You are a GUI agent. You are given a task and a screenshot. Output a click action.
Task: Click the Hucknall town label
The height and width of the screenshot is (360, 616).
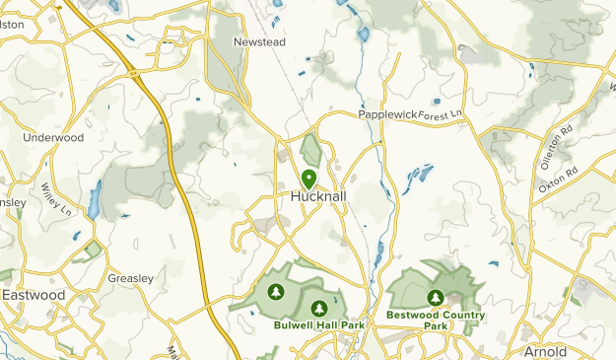(x=316, y=196)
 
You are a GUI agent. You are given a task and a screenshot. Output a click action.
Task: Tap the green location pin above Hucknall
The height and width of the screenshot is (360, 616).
(x=308, y=179)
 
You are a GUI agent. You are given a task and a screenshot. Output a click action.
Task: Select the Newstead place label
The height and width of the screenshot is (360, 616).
(x=258, y=42)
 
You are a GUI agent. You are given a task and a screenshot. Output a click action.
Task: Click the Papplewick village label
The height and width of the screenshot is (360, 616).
(x=386, y=114)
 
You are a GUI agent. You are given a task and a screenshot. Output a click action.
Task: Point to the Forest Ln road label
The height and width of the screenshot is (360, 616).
(x=440, y=116)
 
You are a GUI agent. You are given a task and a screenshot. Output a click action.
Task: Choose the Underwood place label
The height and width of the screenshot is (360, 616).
(x=53, y=138)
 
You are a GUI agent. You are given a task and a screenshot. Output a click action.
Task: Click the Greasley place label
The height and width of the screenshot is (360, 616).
(x=130, y=278)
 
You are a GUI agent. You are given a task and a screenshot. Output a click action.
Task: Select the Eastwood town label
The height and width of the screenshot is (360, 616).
(x=34, y=295)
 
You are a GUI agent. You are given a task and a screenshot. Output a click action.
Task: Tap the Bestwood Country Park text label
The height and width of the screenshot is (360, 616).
(x=436, y=320)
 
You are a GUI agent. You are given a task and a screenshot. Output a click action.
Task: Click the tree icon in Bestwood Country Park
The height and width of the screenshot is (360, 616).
(x=435, y=297)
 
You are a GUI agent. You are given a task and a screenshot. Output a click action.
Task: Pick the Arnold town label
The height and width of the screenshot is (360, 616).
(x=544, y=350)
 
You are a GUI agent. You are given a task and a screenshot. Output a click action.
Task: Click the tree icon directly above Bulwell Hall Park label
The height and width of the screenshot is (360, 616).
(x=317, y=308)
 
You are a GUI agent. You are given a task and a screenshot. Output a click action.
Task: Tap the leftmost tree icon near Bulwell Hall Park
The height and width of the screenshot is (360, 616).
(x=278, y=292)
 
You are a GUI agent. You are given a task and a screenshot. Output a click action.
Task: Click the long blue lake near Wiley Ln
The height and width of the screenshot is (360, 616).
(x=95, y=199)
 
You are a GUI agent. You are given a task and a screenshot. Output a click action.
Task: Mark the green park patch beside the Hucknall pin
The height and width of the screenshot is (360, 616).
(x=312, y=151)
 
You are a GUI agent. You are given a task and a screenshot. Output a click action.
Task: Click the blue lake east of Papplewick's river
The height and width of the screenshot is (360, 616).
(x=419, y=176)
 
